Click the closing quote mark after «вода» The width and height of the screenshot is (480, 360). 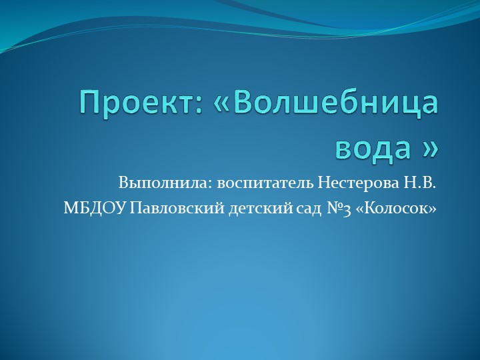431,148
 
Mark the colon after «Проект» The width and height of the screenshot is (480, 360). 187,107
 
